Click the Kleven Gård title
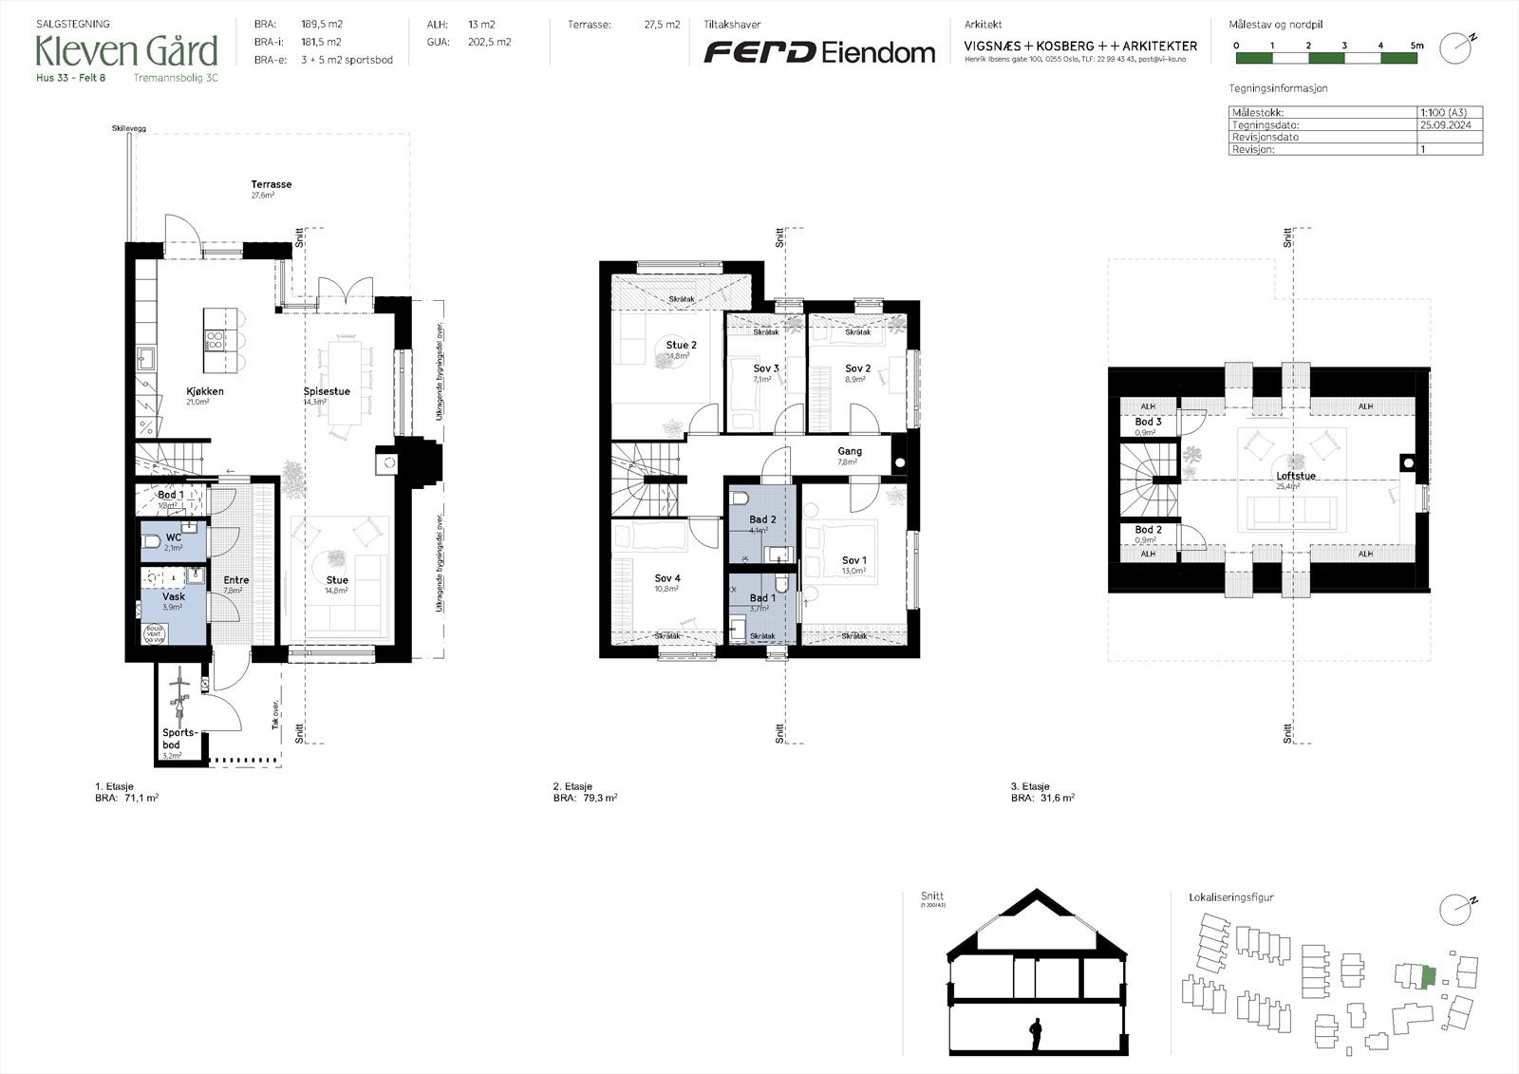pos(126,50)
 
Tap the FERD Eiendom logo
pos(818,52)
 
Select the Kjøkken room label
pos(205,391)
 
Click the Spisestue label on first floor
pos(327,391)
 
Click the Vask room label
pos(173,597)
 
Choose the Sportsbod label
pos(179,739)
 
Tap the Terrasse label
pos(271,184)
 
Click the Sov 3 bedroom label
pos(766,368)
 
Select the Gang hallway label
pos(849,452)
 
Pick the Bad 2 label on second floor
pos(762,519)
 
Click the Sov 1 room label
pos(853,560)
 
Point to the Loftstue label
pos(1295,476)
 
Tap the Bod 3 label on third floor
pos(1148,422)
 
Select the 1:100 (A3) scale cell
pos(1443,112)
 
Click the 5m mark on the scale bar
pos(1416,46)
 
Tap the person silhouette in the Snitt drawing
pos(1036,1033)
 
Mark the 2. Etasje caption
pos(572,786)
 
